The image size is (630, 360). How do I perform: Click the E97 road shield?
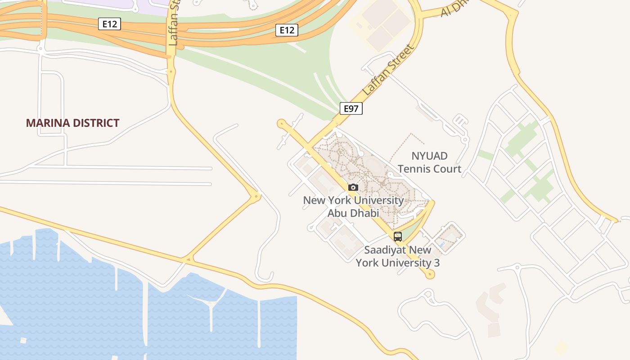pyautogui.click(x=351, y=108)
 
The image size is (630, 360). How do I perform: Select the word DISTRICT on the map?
pyautogui.click(x=97, y=123)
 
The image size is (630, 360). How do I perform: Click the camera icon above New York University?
pyautogui.click(x=353, y=187)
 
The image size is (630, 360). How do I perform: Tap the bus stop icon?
pyautogui.click(x=398, y=237)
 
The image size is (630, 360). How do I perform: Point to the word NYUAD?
pyautogui.click(x=429, y=156)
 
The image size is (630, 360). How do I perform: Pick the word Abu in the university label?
pyautogui.click(x=337, y=213)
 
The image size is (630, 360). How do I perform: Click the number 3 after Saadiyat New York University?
pyautogui.click(x=436, y=263)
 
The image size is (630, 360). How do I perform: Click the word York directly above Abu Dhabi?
pyautogui.click(x=339, y=200)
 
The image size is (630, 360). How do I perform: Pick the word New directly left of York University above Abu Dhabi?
pyautogui.click(x=313, y=200)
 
